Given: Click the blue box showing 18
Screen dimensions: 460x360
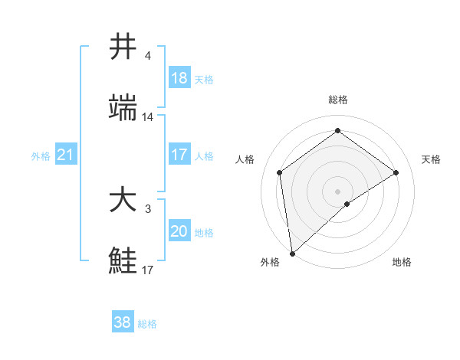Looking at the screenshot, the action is (x=179, y=78).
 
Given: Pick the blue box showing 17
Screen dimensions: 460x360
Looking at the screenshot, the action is (x=179, y=155).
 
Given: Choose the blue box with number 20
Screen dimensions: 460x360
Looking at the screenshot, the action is (x=179, y=231).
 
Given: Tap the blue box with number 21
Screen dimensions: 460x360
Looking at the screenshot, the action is (x=66, y=155).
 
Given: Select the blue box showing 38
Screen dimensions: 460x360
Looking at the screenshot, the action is (x=123, y=322).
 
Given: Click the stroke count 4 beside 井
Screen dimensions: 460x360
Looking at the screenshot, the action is (x=148, y=56).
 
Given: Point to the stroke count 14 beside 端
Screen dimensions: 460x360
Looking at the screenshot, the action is (x=148, y=117).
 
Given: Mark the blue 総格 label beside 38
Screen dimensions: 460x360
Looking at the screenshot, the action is (x=148, y=324).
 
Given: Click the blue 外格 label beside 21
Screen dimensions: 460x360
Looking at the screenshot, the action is (x=41, y=156).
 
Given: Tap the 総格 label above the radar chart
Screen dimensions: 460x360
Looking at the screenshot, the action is (x=338, y=100).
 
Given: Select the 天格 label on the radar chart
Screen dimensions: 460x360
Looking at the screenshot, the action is (x=431, y=159).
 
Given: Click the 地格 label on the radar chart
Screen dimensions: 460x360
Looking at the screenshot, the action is (x=402, y=262).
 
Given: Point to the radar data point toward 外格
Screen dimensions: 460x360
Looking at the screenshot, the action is (x=292, y=254).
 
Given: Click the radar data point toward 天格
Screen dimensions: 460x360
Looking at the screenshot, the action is (x=396, y=172).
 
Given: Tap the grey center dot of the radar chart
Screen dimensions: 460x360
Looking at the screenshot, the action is (x=338, y=191).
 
